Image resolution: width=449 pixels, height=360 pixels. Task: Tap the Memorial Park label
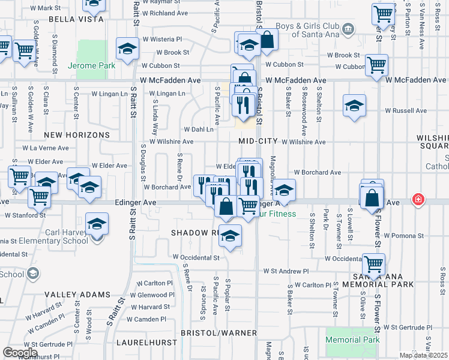pos(353,340)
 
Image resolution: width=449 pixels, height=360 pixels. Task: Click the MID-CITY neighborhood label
pos(258,140)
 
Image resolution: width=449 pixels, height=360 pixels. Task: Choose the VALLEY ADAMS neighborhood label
pos(77,295)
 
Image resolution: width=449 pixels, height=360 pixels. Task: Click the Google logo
pos(20,353)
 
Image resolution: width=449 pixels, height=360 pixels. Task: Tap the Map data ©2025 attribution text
pos(423,355)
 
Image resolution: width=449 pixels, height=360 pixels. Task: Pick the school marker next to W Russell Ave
pos(355,106)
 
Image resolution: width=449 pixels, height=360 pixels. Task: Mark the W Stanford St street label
pos(25,214)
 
